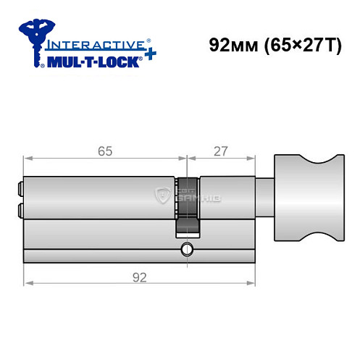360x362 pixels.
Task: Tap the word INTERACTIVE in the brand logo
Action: coord(93,44)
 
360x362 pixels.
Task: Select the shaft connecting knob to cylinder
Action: coord(264,194)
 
